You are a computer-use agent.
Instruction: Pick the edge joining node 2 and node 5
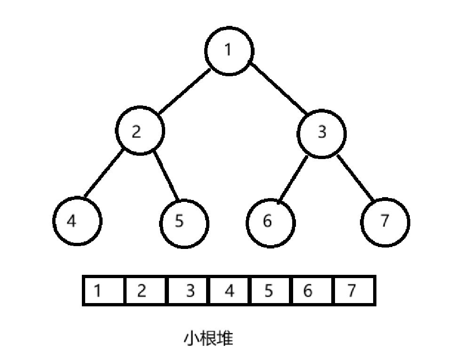point(166,175)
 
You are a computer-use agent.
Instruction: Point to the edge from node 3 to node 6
point(293,179)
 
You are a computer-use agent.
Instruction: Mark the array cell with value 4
point(229,291)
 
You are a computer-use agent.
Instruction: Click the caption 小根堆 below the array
point(208,338)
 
